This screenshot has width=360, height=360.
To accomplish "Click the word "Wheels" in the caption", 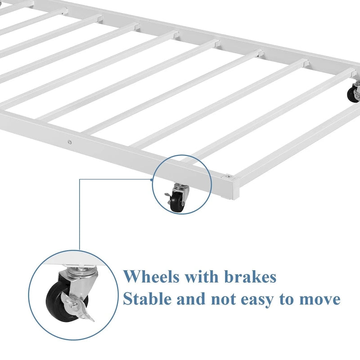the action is tap(151, 276).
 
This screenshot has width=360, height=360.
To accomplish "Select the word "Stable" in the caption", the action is tap(147, 298).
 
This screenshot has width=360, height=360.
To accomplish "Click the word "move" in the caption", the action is tap(319, 299).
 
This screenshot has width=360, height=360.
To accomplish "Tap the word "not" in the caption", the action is tap(223, 299).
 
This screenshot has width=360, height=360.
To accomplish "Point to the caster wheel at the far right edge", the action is tap(353, 94).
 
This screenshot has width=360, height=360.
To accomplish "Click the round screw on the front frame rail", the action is tap(69, 142).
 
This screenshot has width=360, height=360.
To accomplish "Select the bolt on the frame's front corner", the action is tap(228, 177).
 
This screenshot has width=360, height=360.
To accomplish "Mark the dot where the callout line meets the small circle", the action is tap(152, 180).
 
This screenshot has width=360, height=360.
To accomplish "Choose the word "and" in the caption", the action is tap(191, 299).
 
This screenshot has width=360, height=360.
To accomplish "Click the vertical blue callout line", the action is tap(80, 215).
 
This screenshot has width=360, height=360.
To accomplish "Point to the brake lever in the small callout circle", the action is tap(169, 196).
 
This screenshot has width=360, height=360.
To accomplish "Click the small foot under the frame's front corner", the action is tap(225, 197).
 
